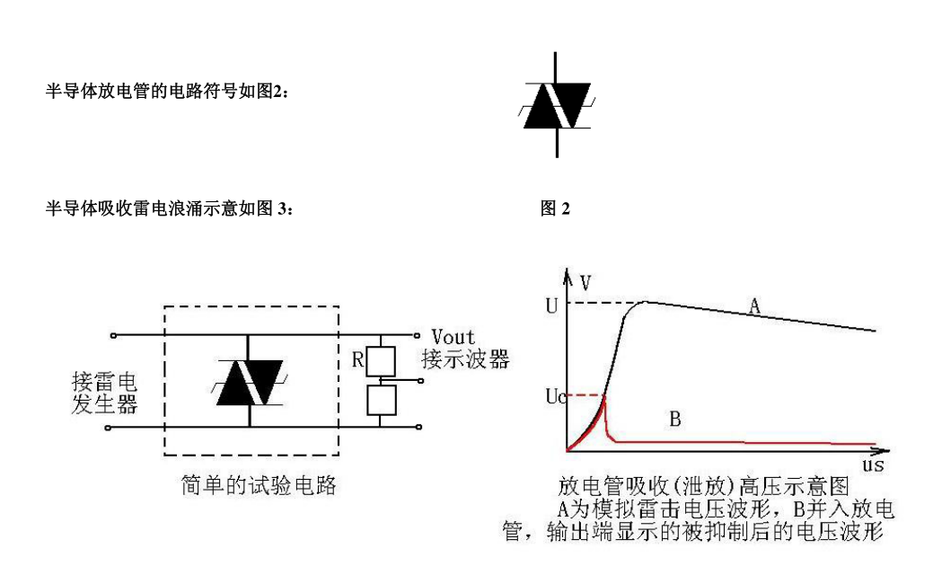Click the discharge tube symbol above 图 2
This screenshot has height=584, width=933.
pyautogui.click(x=558, y=107)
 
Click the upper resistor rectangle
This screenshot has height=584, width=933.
pyautogui.click(x=381, y=361)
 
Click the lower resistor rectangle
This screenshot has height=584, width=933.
pyautogui.click(x=381, y=399)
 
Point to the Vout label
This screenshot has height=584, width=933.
pyautogui.click(x=454, y=337)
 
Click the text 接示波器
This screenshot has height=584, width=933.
pyautogui.click(x=470, y=359)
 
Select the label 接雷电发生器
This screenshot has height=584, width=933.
pyautogui.click(x=104, y=394)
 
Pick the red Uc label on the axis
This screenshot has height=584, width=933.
pyautogui.click(x=553, y=396)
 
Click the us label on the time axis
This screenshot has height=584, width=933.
pyautogui.click(x=872, y=466)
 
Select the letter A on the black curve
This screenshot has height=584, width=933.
pyautogui.click(x=755, y=308)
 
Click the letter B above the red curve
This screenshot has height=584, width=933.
pyautogui.click(x=677, y=418)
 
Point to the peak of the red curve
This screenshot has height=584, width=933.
pyautogui.click(x=604, y=395)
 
